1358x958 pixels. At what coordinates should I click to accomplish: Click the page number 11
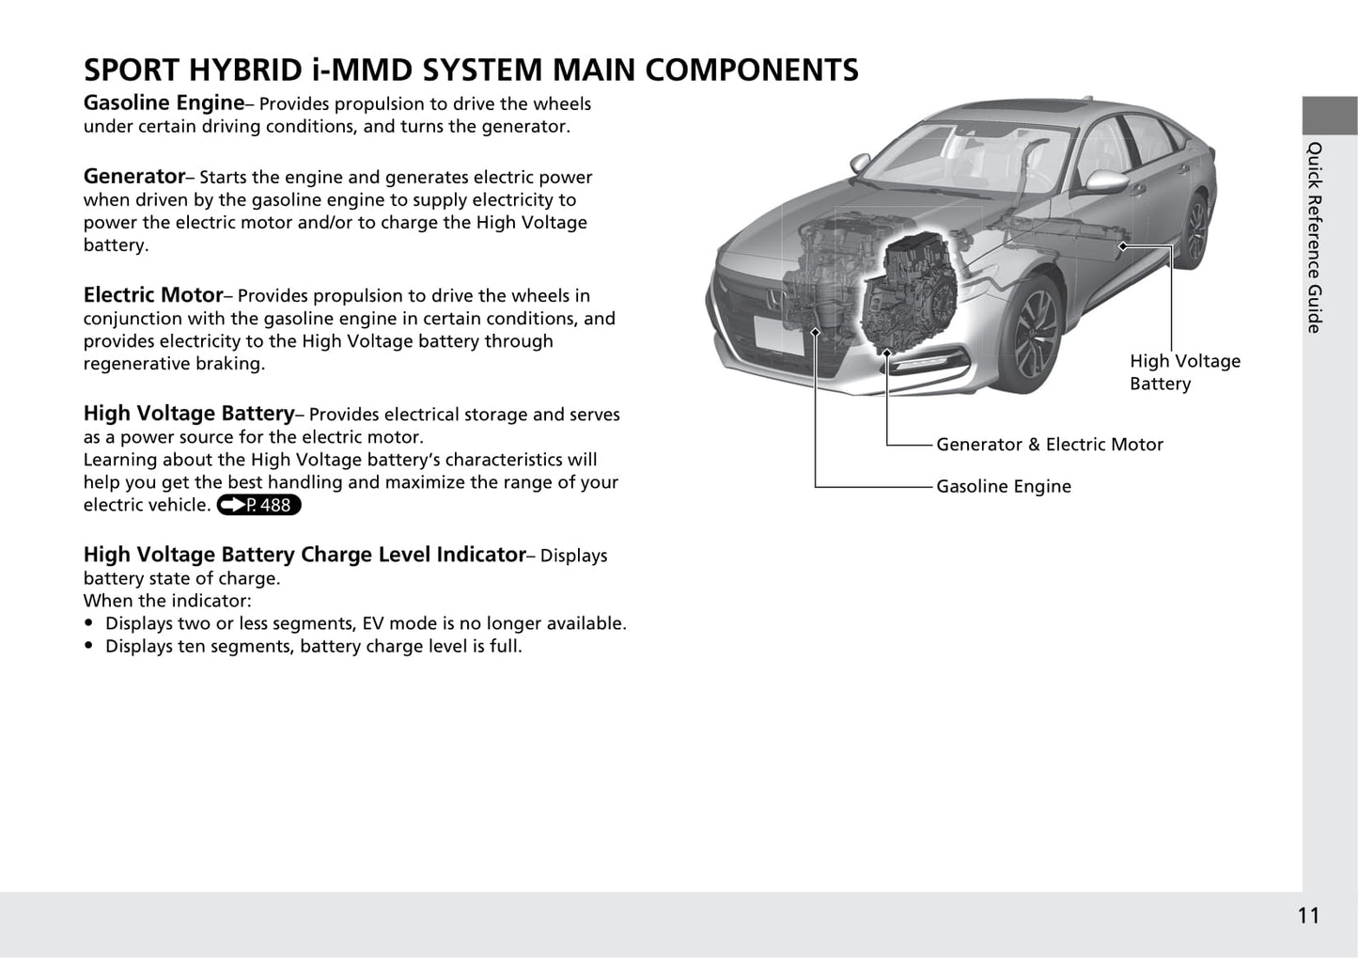pos(1308,916)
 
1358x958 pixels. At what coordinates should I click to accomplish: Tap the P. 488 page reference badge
pos(258,505)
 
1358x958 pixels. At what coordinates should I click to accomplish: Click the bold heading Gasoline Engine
pos(164,103)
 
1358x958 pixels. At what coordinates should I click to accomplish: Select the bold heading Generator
pos(134,177)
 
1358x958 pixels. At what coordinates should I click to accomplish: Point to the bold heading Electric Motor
pos(153,294)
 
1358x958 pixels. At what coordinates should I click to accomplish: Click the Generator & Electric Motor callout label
pos(1050,445)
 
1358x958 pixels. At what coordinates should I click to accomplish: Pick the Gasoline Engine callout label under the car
pos(1004,486)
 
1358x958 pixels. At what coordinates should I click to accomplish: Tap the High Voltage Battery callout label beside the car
pos(1185,372)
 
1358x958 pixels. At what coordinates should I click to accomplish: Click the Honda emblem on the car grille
pos(773,298)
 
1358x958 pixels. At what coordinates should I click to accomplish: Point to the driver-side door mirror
pos(1106,181)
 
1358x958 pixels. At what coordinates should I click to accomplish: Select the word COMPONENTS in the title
pos(751,70)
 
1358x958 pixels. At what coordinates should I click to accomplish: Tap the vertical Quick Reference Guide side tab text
pos(1314,237)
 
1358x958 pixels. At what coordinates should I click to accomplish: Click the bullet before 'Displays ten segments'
pos(89,646)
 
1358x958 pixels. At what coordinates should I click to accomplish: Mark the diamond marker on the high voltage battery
pos(1123,246)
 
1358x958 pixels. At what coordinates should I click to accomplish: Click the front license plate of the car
pos(778,336)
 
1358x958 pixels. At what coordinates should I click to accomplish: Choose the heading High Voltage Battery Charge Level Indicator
pos(304,555)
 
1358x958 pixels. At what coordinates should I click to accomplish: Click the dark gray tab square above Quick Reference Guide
pos(1330,116)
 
